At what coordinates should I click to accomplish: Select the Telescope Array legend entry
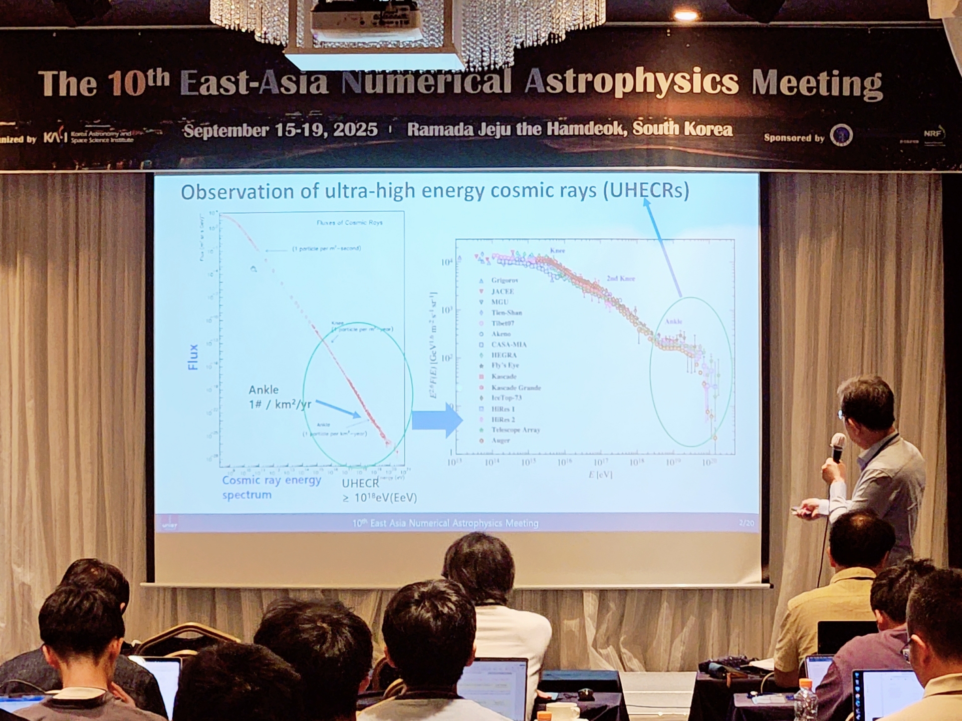[x=515, y=430]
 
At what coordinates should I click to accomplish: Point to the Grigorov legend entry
[x=504, y=280]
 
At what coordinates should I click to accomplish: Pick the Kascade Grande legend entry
[x=516, y=388]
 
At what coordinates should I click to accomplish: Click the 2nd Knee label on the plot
[x=620, y=278]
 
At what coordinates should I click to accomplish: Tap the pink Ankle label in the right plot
[x=673, y=321]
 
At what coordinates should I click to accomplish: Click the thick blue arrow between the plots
[x=436, y=420]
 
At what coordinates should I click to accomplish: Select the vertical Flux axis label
[x=193, y=356]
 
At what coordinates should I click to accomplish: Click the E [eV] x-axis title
[x=600, y=474]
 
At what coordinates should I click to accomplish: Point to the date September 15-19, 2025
[x=281, y=130]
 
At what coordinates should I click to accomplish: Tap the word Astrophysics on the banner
[x=631, y=82]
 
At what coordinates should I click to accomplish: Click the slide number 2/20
[x=746, y=523]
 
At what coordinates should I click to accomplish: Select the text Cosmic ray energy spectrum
[x=271, y=487]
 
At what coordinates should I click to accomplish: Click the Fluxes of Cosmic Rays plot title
[x=349, y=222]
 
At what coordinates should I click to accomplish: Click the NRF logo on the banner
[x=933, y=134]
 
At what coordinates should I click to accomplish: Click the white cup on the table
[x=562, y=711]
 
